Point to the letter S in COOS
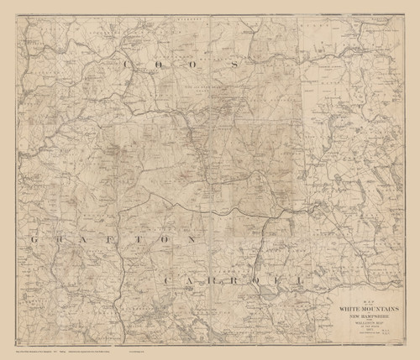point(238,64)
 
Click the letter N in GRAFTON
point(199,239)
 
